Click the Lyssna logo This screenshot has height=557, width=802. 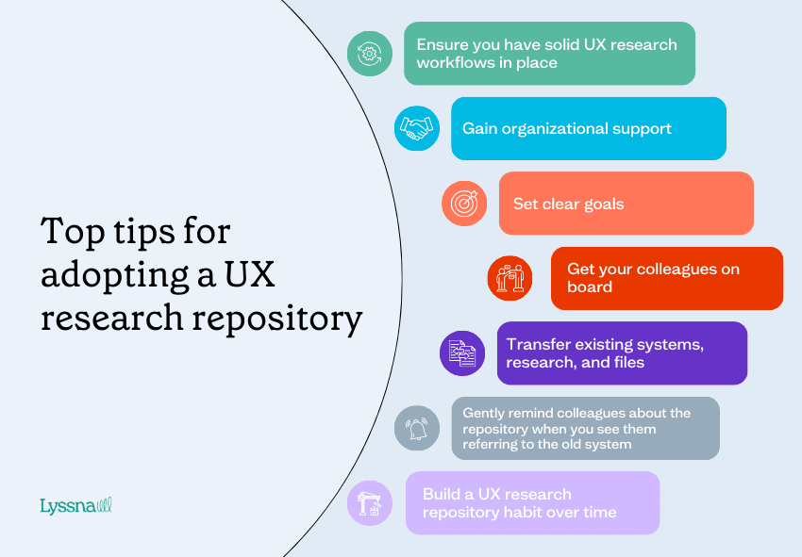point(75,506)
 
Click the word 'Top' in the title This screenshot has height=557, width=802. point(75,232)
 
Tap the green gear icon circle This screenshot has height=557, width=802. point(369,54)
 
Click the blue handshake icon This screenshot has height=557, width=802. point(416,127)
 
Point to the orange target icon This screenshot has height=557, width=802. point(464,203)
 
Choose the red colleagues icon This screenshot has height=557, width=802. point(510,277)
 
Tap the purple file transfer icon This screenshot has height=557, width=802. point(462,353)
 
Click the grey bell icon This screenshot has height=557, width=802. point(416,428)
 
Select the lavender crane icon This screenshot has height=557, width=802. point(369,502)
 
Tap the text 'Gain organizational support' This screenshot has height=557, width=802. point(566,128)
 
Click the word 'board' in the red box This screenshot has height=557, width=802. point(590,287)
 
